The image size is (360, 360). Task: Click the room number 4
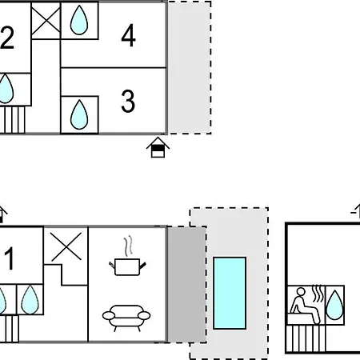point(128,35)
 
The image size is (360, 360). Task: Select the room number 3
point(128,101)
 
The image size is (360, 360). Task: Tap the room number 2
point(6,38)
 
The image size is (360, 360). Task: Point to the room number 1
point(10,258)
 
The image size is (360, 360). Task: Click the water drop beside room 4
point(79,20)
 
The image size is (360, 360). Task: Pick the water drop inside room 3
point(79,114)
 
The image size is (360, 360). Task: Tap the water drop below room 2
point(6,89)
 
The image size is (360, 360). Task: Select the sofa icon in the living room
point(126,318)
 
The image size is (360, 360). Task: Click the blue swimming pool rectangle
point(230,293)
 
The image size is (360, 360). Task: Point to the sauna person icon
point(305,305)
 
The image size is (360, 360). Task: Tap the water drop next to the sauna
point(334,305)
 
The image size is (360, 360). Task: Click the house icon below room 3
point(158,147)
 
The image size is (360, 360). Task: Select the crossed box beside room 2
point(46,20)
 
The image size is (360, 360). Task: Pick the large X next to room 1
point(66,246)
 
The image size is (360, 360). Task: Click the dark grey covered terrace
point(186,284)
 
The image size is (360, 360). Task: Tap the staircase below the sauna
point(306,338)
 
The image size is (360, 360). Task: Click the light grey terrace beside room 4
point(190,68)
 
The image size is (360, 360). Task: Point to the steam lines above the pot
point(129,246)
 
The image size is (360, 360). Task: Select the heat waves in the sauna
point(317,294)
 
